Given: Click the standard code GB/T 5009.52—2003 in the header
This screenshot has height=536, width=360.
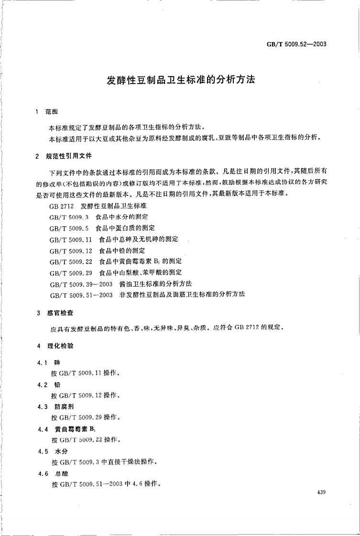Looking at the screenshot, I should (296, 45).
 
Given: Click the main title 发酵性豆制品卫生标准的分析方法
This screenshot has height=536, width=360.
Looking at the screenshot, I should (181, 80).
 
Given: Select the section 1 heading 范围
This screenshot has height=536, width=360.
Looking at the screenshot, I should (51, 112).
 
